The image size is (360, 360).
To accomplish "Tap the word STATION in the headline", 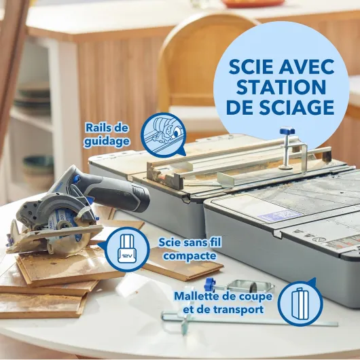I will [281, 88].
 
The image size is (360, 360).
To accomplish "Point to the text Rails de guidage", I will [107, 134].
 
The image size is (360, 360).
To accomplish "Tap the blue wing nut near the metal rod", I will [210, 283].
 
